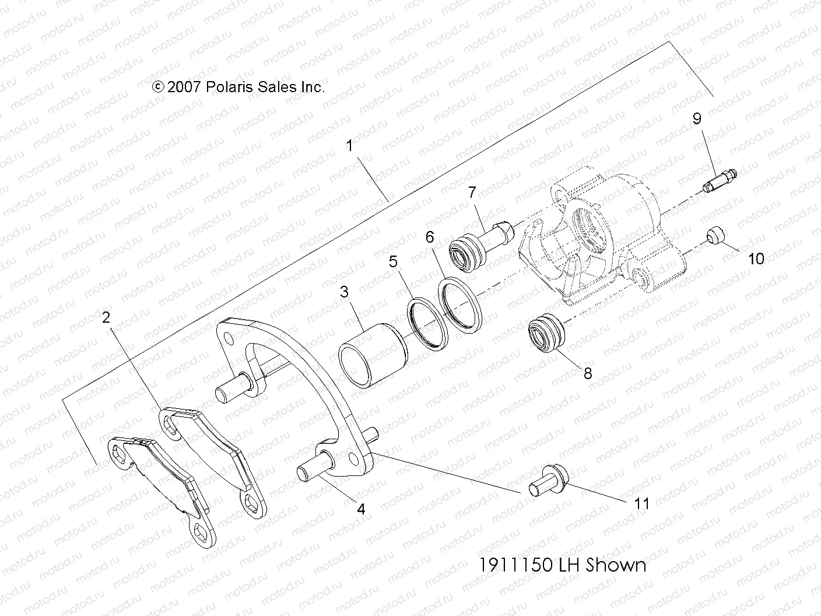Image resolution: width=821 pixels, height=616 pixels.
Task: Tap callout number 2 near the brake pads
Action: [x=106, y=318]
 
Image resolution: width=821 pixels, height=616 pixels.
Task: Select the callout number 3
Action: [x=345, y=291]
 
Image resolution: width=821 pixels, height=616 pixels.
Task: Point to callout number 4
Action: [x=361, y=509]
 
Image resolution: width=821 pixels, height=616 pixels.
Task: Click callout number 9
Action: [x=697, y=118]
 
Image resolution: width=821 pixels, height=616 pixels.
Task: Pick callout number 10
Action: [x=756, y=258]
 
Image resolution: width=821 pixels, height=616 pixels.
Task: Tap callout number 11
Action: [x=641, y=503]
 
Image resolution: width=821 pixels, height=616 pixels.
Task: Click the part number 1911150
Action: [x=516, y=565]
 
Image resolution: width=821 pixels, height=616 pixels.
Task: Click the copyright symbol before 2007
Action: [x=157, y=87]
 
